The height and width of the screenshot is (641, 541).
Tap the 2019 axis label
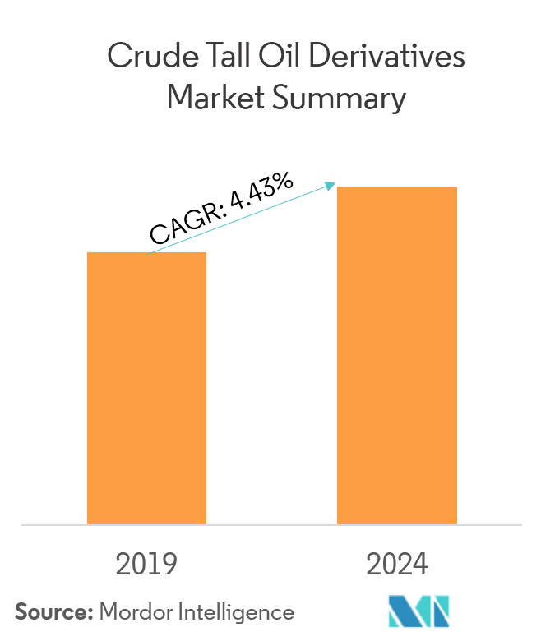click(146, 565)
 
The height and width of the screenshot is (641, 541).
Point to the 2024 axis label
click(397, 565)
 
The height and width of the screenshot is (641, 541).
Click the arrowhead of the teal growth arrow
click(331, 186)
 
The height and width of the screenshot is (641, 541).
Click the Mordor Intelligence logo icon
click(418, 611)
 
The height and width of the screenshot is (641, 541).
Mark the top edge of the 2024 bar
click(397, 187)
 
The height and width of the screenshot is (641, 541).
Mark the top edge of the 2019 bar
click(146, 253)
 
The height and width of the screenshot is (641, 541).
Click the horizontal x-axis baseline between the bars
click(271, 524)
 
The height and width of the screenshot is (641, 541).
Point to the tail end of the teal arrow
click(149, 251)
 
